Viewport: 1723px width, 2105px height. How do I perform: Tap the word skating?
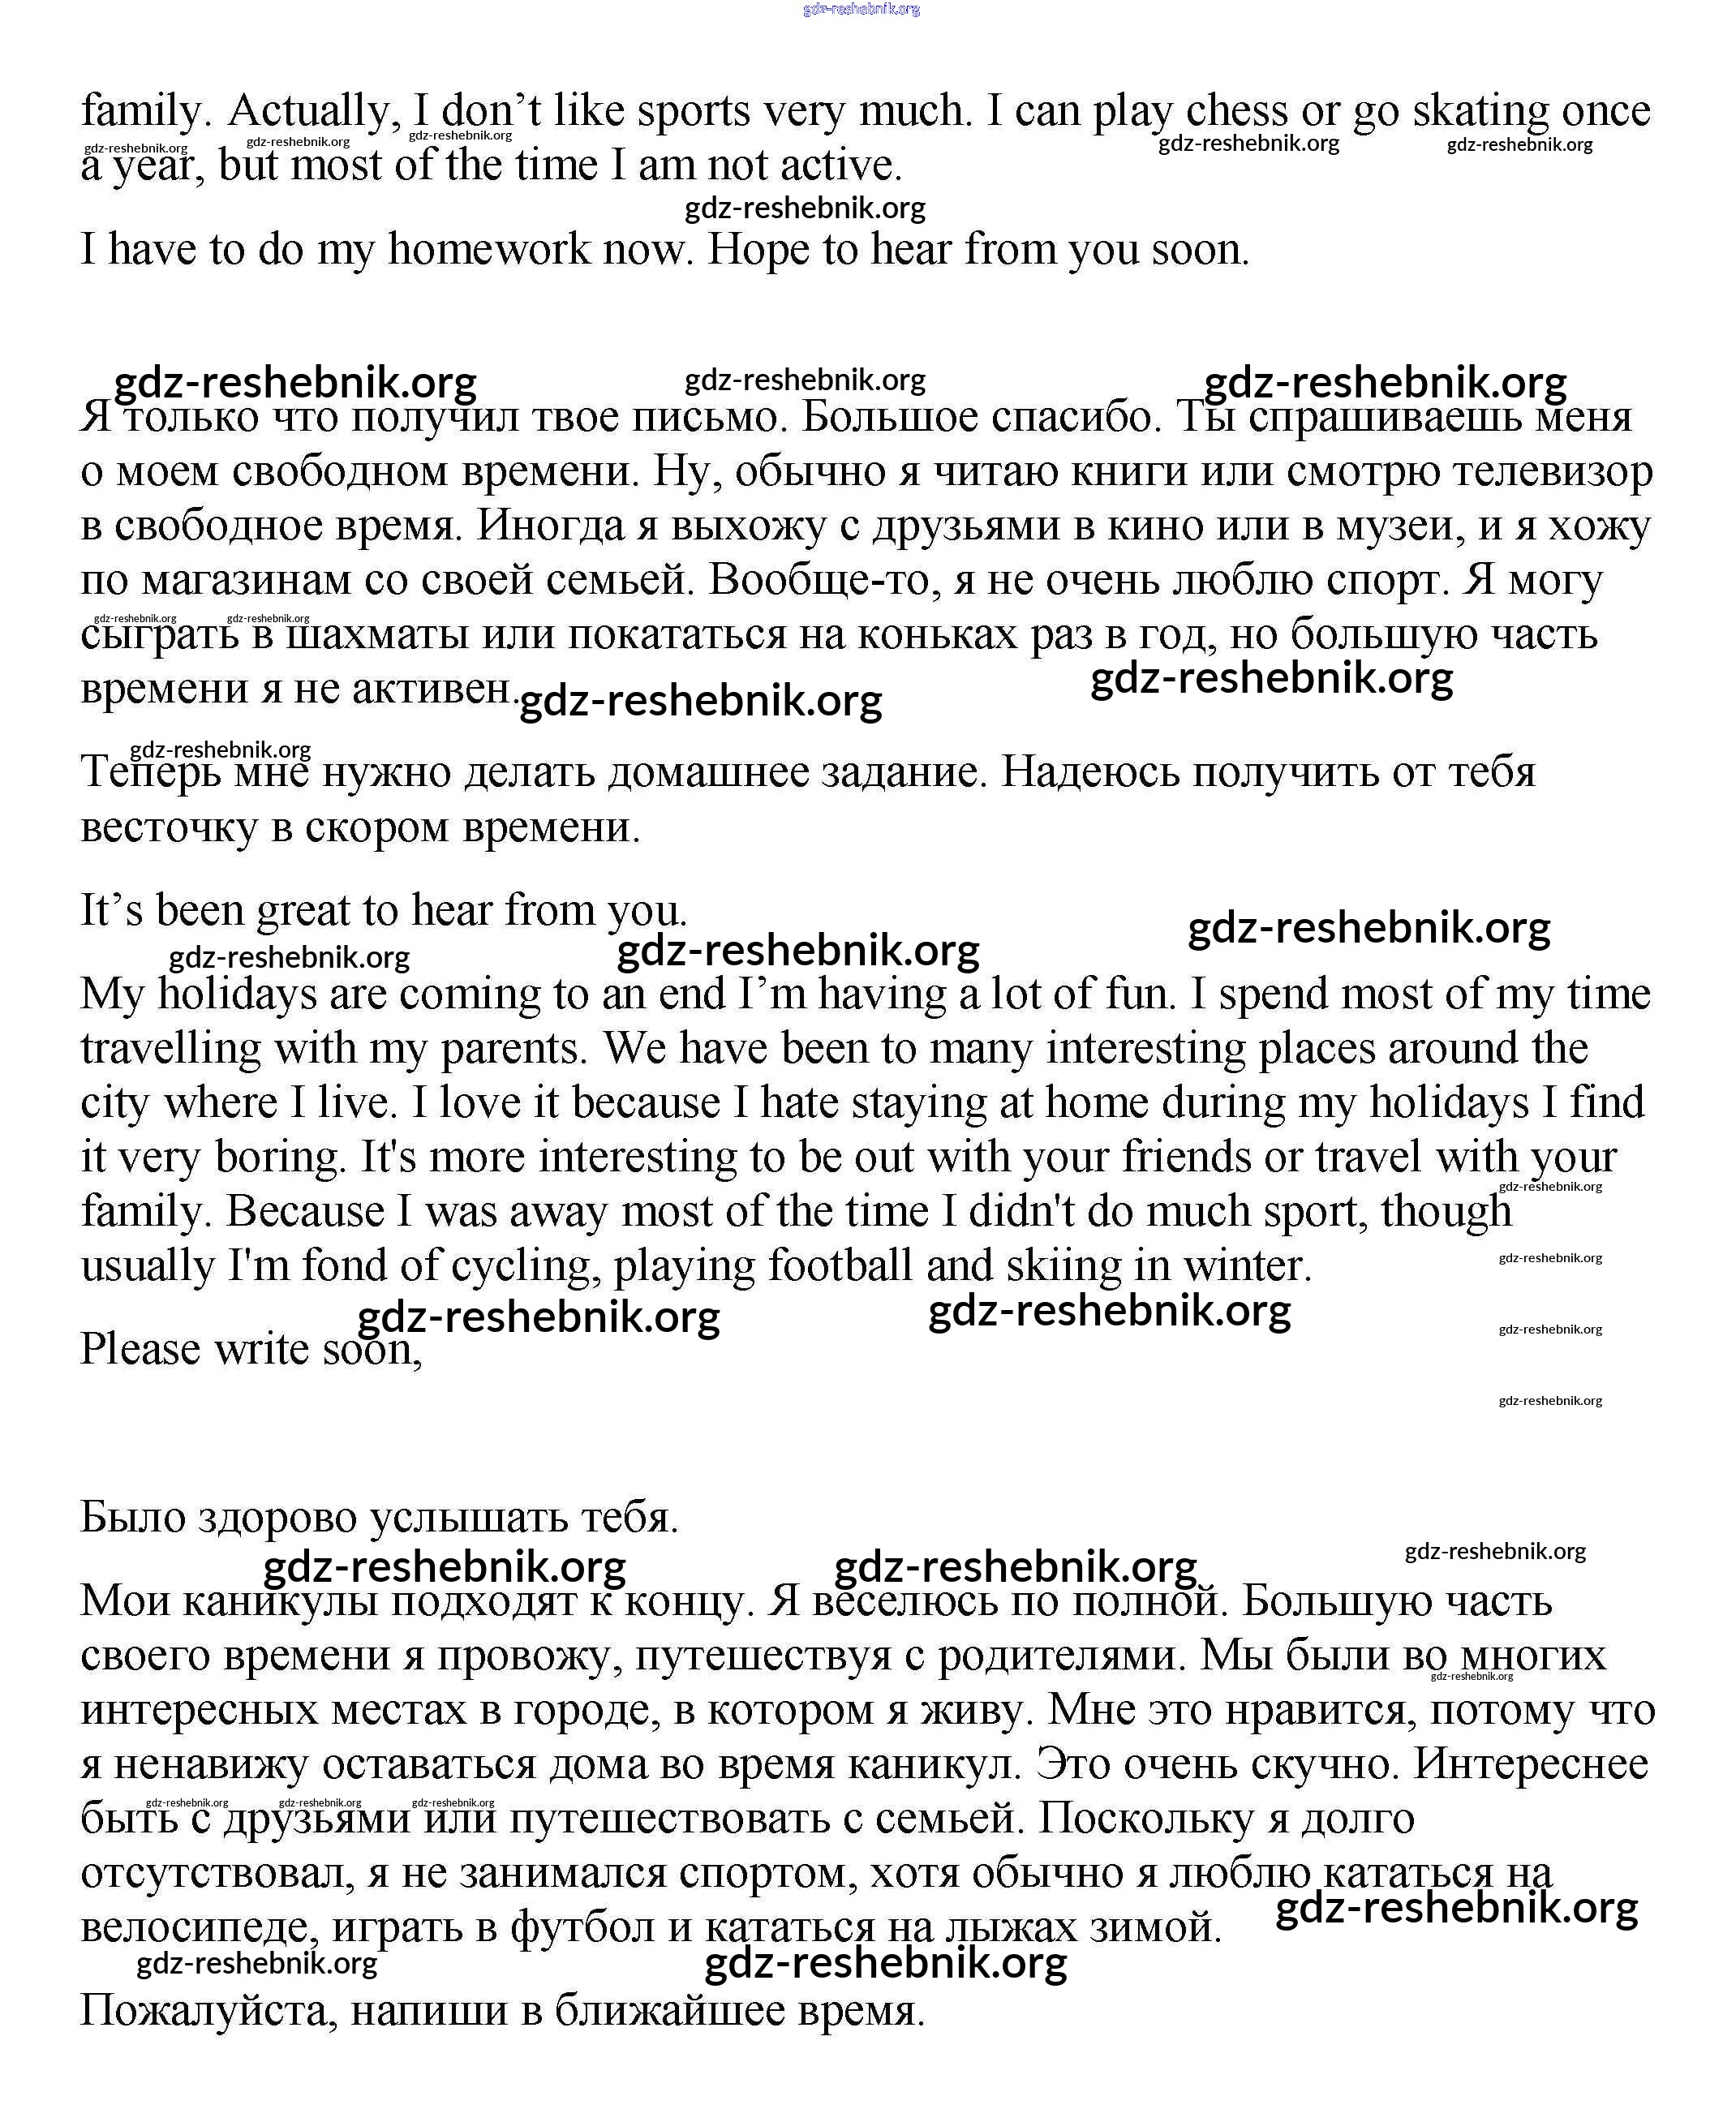[1480, 110]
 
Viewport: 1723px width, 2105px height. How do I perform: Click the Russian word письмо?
[705, 417]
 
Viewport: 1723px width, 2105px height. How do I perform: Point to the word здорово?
[278, 1518]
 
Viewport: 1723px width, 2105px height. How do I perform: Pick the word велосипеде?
[199, 1927]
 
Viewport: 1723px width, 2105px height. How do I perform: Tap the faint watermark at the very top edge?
[861, 9]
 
